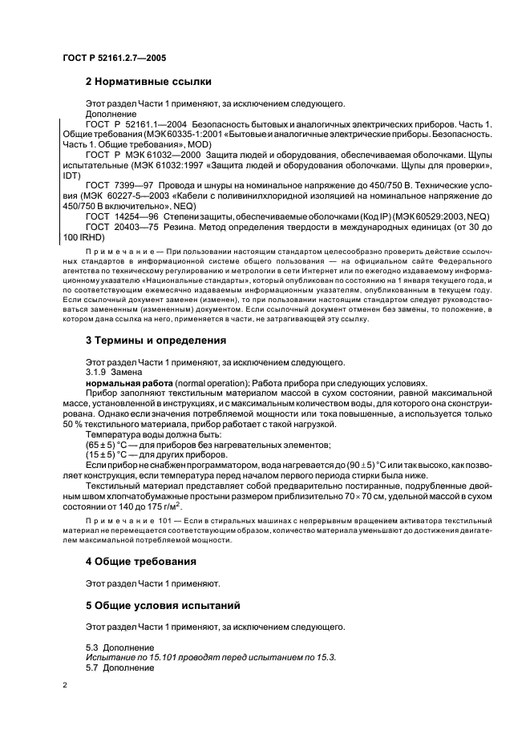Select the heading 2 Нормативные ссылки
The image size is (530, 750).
[x=148, y=81]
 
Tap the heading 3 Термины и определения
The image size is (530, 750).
[x=156, y=340]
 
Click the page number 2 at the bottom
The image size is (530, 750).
[x=65, y=686]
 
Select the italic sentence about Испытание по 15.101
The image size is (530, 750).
[x=211, y=656]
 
